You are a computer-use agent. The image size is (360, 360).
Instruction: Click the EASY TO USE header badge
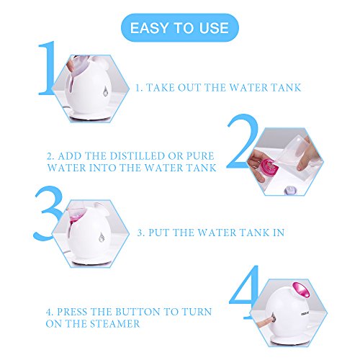(x=180, y=27)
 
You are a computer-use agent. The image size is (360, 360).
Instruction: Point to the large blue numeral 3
(x=48, y=213)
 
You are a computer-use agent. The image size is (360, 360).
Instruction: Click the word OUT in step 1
(x=189, y=88)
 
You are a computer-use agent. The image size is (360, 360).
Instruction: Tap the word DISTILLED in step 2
(x=138, y=156)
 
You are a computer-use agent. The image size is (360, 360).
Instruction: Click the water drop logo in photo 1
(x=105, y=91)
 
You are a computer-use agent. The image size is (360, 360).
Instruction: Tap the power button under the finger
(x=273, y=319)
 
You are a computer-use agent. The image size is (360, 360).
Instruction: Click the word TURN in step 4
(x=197, y=312)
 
